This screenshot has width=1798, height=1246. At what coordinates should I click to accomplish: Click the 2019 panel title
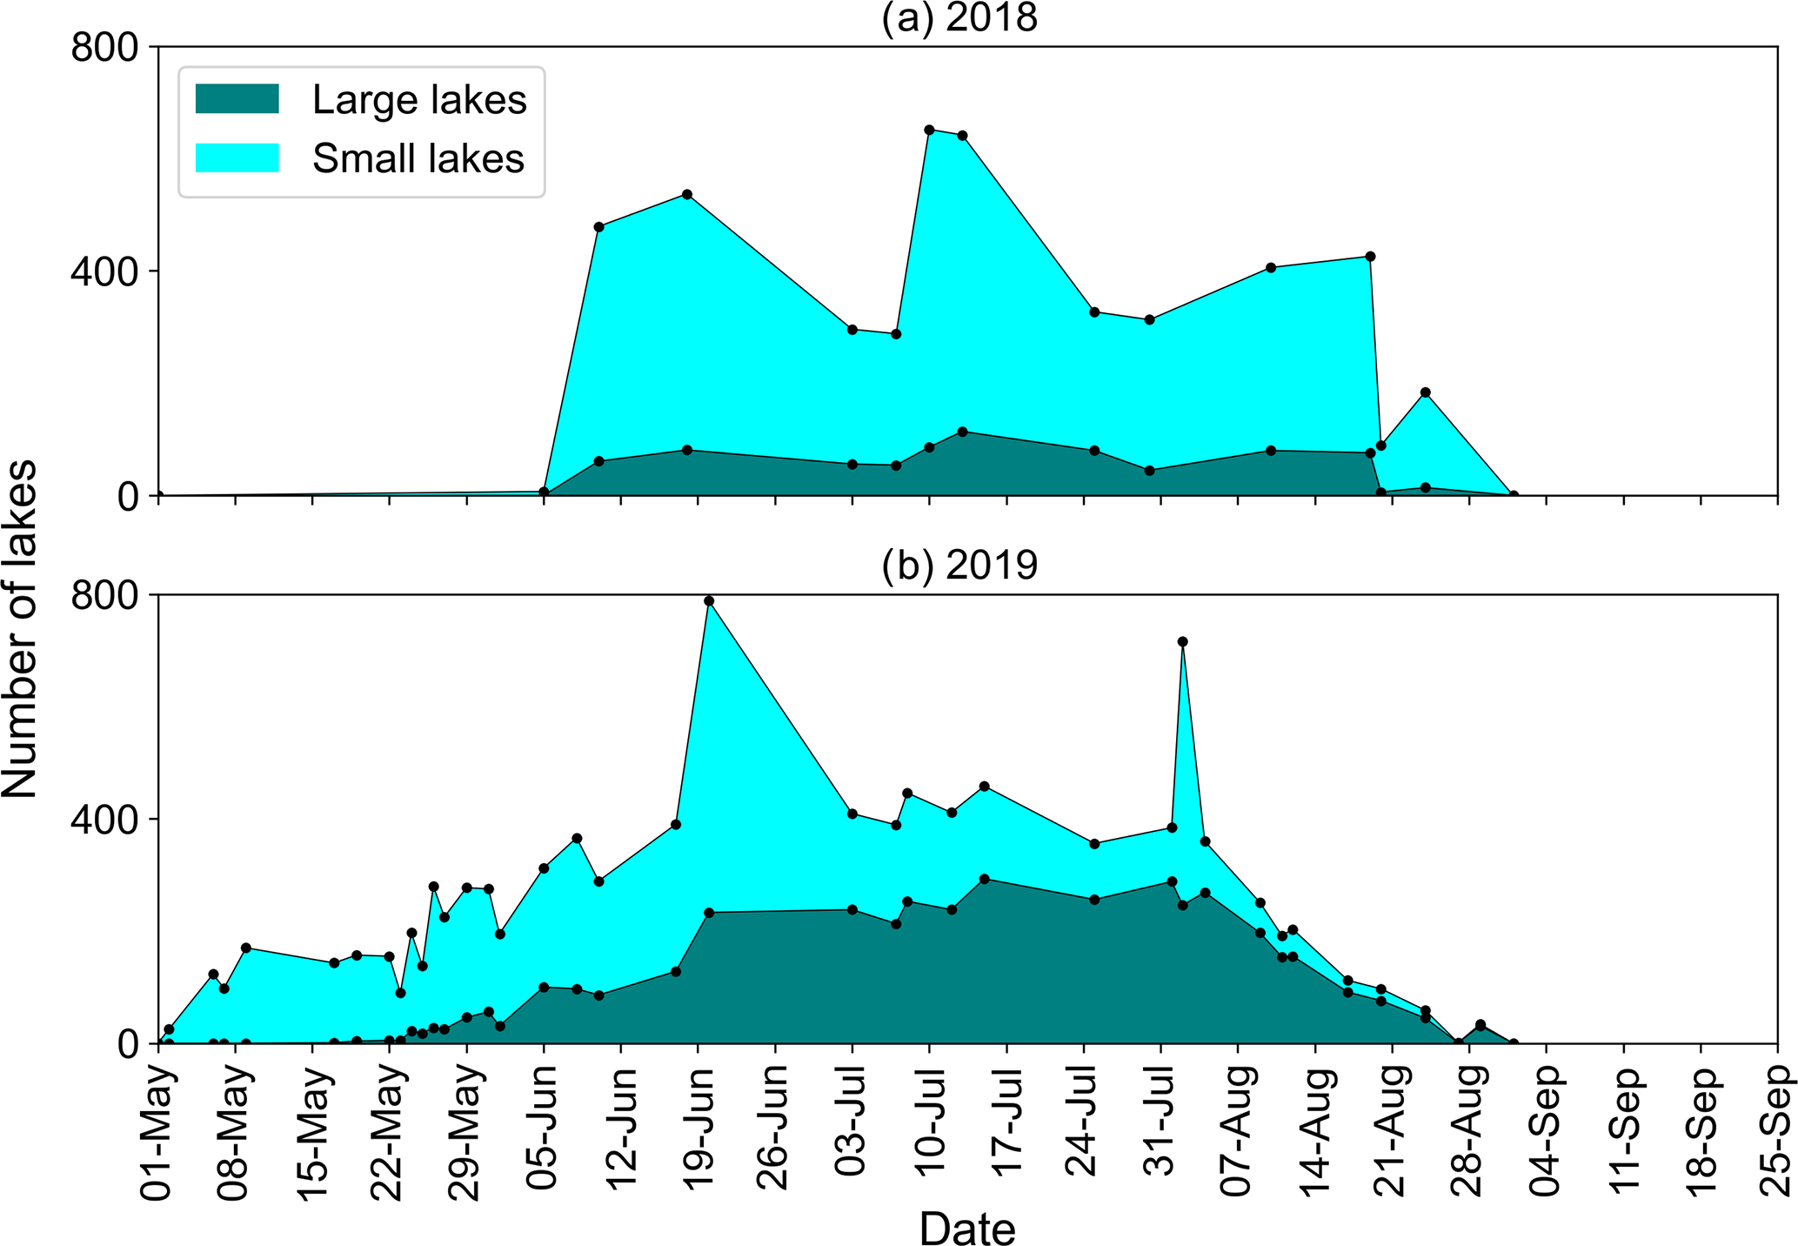pos(959,566)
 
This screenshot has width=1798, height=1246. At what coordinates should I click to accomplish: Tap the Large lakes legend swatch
pos(237,99)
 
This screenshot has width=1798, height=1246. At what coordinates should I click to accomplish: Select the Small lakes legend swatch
pos(237,157)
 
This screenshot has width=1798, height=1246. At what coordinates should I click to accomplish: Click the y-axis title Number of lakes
pos(19,628)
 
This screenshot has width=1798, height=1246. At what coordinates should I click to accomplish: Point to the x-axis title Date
pos(967,1229)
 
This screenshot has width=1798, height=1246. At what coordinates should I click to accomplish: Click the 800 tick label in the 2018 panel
pos(104,47)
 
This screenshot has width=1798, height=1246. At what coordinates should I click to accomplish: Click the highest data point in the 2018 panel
pos(929,130)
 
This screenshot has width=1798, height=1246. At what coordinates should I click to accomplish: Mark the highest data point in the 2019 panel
pos(709,600)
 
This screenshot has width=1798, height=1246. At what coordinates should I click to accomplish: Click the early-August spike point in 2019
pos(1182,641)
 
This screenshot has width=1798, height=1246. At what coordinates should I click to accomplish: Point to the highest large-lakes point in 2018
pos(962,432)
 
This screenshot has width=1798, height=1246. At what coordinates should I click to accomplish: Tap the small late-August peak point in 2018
pos(1425,392)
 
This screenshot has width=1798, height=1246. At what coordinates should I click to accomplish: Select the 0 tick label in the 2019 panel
pos(128,1044)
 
